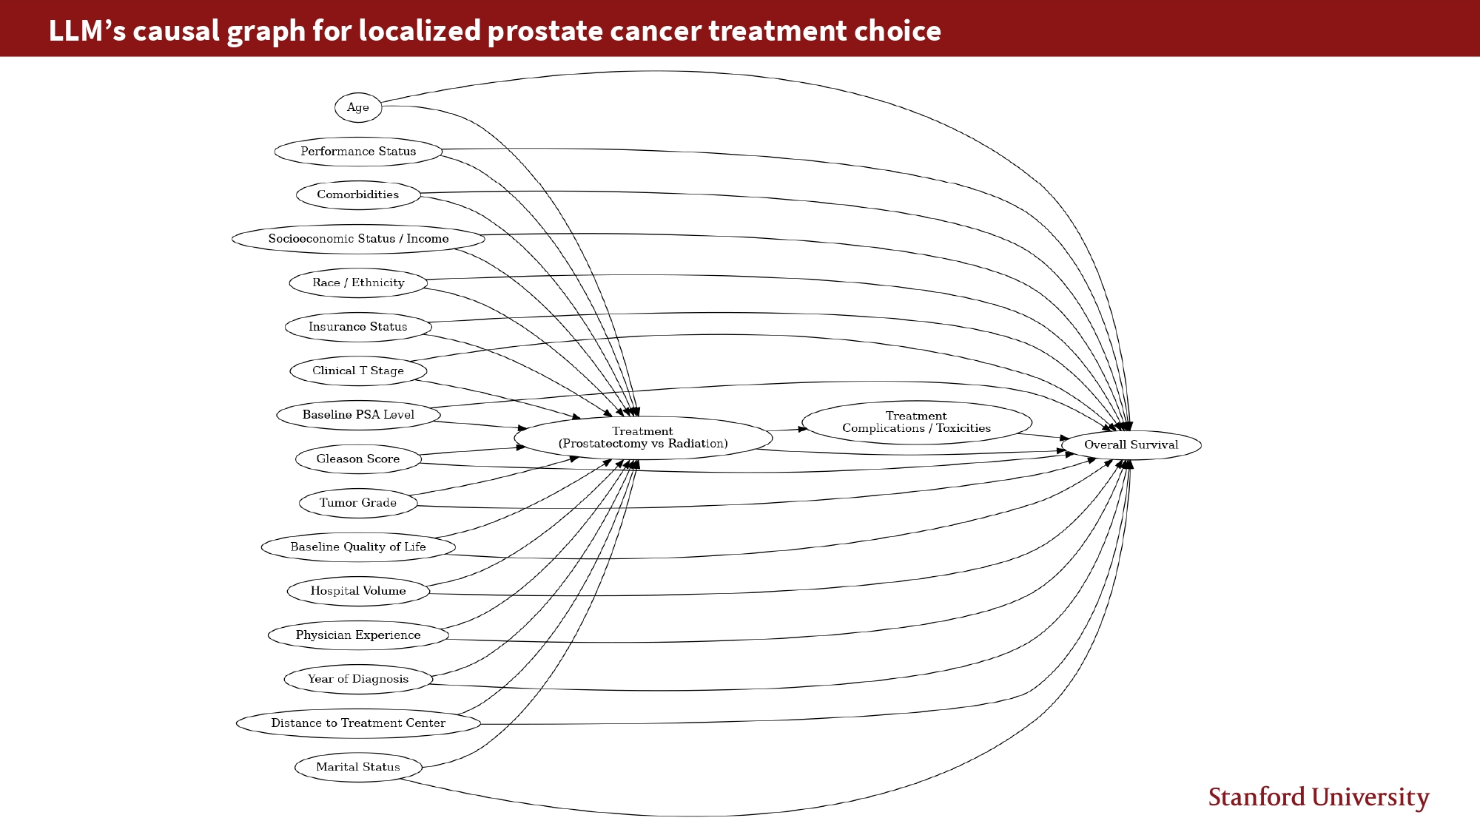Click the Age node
coord(358,107)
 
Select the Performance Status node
coord(358,152)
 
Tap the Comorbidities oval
coord(358,195)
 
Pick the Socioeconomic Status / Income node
coord(358,239)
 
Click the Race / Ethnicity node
coord(358,283)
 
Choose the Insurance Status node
coord(358,327)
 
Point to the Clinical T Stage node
coord(358,371)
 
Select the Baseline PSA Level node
coord(358,415)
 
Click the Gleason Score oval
coord(358,459)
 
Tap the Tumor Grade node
coord(358,503)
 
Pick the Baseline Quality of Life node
coord(358,547)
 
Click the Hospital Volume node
coord(358,591)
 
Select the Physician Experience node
coord(358,635)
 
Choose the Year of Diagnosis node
coord(358,679)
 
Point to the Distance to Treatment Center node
coord(358,723)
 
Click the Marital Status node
coord(358,767)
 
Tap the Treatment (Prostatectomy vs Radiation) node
coord(643,438)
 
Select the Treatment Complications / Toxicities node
coord(916,422)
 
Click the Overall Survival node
coord(1131,445)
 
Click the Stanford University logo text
coord(1319,797)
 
